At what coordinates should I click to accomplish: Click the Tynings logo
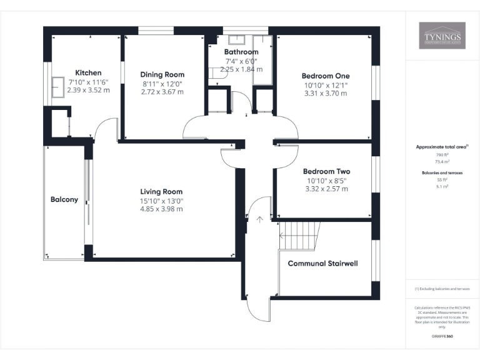click(x=442, y=36)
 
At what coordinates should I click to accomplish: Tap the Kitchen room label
click(x=88, y=73)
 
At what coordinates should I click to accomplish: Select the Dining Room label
click(x=162, y=74)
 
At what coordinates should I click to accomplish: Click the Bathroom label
click(x=241, y=52)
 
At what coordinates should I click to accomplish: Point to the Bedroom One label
click(x=325, y=76)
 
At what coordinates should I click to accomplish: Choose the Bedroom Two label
click(x=326, y=171)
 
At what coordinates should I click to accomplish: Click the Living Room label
click(x=161, y=192)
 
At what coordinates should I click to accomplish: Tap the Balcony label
click(x=64, y=200)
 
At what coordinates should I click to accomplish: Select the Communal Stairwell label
click(x=322, y=264)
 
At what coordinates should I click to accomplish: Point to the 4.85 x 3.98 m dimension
click(x=161, y=209)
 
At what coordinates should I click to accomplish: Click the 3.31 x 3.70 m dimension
click(x=325, y=93)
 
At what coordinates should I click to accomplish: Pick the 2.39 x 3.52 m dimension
click(x=88, y=90)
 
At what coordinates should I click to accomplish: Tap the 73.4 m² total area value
click(x=442, y=161)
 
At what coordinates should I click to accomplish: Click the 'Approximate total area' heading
click(x=441, y=147)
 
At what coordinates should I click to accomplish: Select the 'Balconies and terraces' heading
click(x=442, y=172)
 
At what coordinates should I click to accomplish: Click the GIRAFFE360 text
click(x=442, y=336)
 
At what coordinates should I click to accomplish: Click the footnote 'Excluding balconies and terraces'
click(x=442, y=289)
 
